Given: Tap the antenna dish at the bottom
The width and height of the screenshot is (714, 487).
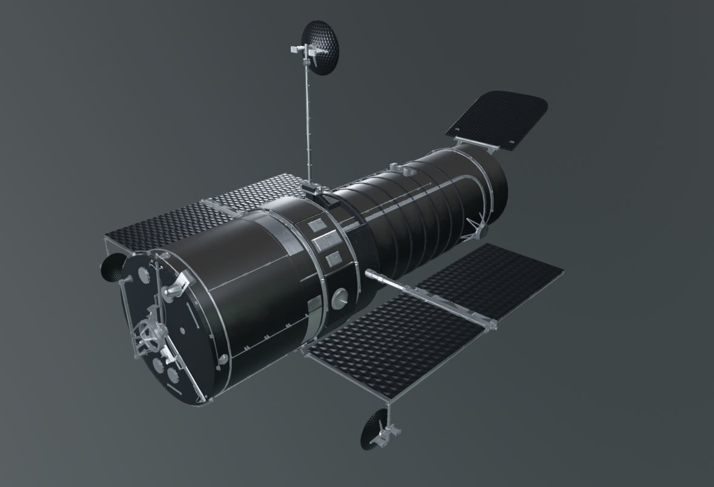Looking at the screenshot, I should click(375, 428).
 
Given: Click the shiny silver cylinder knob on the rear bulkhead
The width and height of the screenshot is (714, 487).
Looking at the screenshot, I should click(170, 292).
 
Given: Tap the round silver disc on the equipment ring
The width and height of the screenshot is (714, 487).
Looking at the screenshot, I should click(340, 297).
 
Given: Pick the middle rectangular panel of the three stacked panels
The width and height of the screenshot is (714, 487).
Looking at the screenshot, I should click(322, 243).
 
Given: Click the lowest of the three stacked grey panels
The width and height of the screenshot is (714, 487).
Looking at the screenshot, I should click(332, 260).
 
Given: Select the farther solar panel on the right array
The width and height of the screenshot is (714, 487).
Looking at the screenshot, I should click(491, 278).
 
